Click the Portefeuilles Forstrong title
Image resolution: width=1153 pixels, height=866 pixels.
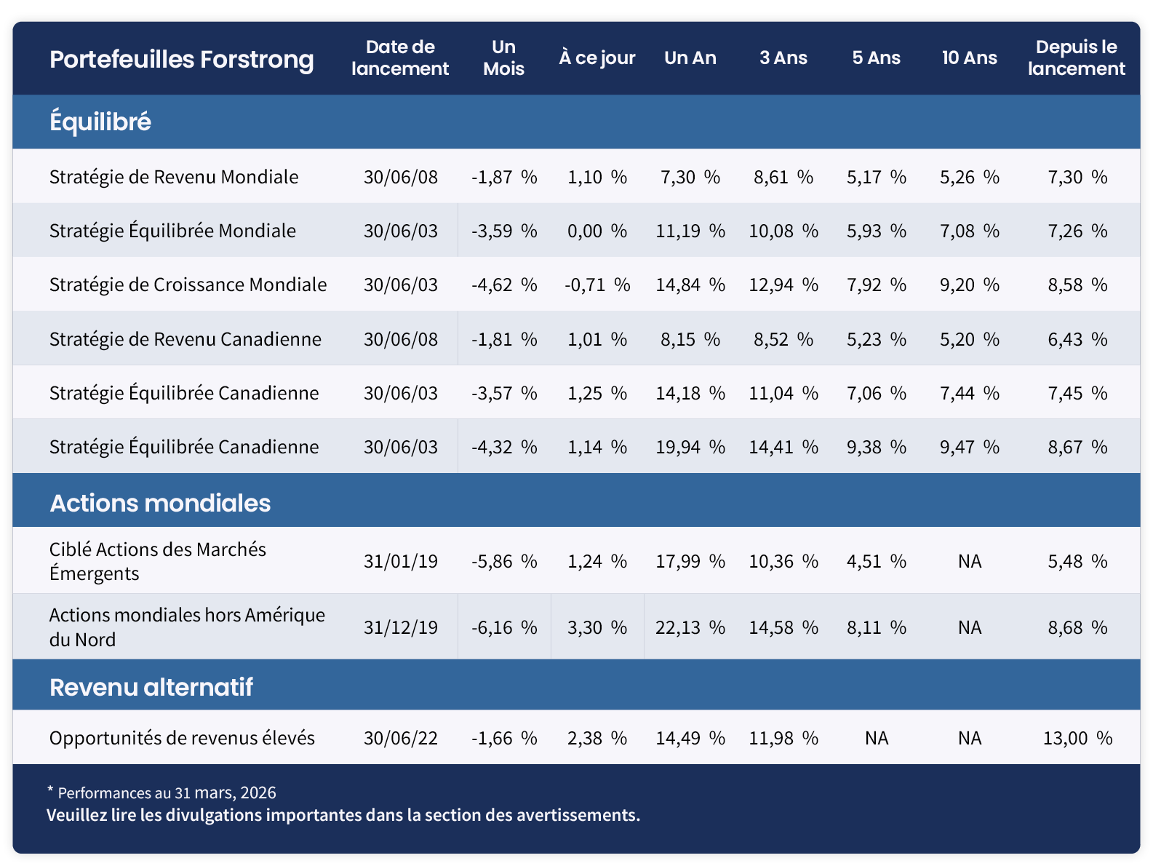pos(181,59)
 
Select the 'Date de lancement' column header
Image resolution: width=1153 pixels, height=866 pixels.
pos(399,57)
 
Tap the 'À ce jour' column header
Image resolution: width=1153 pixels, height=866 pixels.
pos(597,57)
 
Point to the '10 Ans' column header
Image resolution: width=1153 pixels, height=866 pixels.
pos(969,57)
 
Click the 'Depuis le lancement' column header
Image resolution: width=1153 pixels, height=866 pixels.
pos(1076,57)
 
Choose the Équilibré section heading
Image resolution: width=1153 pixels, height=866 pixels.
pos(100,122)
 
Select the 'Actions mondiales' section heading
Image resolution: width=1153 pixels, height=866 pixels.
pos(160,503)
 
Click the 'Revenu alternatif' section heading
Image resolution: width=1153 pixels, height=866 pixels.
pos(151,686)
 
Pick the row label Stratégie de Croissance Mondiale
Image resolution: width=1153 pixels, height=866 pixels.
pos(188,285)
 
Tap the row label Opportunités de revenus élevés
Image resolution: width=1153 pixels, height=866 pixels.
pos(182,738)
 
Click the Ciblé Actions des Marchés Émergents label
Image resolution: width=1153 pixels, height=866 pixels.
pos(157,561)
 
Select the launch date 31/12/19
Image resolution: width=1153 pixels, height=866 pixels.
pos(401,627)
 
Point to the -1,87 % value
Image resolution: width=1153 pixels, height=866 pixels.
pos(504,177)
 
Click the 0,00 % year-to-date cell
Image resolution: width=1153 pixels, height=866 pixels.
pos(597,231)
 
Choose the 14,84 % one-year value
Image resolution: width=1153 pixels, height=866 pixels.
pos(690,285)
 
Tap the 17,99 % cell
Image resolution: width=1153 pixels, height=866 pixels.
pos(690,561)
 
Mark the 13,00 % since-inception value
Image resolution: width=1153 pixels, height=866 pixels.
pos(1077,738)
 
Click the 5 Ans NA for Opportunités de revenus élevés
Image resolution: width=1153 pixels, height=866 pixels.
pos(877,738)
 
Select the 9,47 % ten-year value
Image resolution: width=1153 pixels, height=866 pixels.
pos(969,447)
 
